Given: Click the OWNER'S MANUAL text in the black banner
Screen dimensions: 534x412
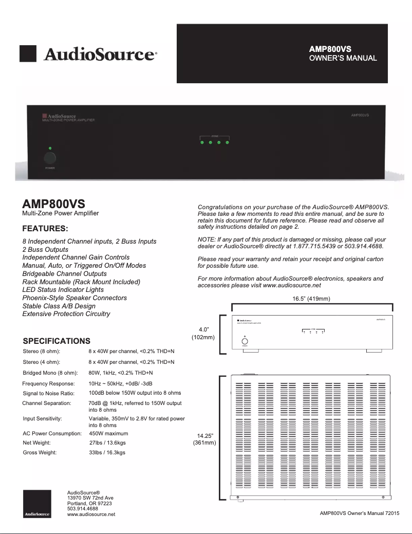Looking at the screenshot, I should (343, 58).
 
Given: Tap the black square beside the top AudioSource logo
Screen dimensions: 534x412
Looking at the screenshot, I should (28, 54).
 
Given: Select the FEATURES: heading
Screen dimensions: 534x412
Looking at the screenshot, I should (45, 228).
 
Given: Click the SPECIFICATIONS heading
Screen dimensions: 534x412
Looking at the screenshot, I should (57, 341).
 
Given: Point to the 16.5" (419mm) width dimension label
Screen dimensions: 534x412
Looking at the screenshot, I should (312, 299).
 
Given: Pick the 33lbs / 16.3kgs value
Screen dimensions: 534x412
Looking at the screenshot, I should (107, 453).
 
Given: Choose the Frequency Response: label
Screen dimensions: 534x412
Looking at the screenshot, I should (48, 383).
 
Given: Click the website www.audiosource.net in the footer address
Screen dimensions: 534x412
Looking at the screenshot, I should (91, 514).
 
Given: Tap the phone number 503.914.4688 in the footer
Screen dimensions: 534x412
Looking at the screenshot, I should (83, 509).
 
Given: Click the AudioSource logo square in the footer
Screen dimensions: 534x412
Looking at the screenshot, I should (37, 504).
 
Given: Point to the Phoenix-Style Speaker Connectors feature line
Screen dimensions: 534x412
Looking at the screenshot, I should (74, 298).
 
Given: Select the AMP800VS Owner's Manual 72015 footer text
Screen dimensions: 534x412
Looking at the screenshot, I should (359, 513).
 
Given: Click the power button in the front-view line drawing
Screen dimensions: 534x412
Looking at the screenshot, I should (245, 341).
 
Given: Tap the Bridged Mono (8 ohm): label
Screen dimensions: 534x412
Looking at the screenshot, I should (50, 372).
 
